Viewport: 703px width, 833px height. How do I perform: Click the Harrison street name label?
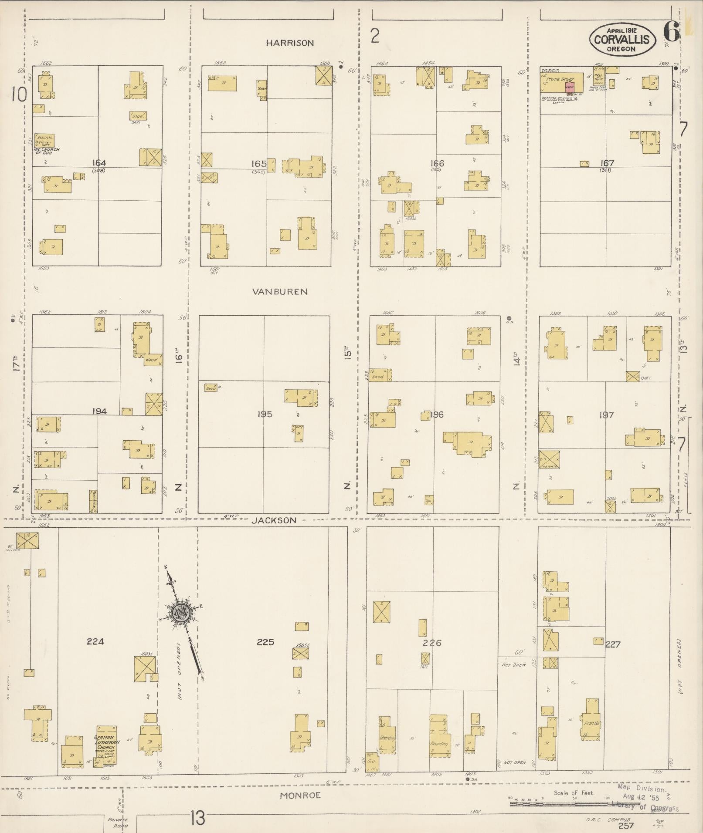[290, 43]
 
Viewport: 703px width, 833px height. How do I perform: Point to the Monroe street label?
[300, 795]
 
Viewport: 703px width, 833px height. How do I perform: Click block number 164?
[99, 163]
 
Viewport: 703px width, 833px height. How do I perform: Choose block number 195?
[265, 414]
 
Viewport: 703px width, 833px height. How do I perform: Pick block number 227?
[612, 644]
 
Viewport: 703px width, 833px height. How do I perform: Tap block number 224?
[95, 641]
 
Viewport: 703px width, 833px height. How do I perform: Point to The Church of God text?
[47, 150]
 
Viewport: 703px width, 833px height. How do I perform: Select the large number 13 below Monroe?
[197, 819]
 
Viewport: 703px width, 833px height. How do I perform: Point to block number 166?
[437, 163]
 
